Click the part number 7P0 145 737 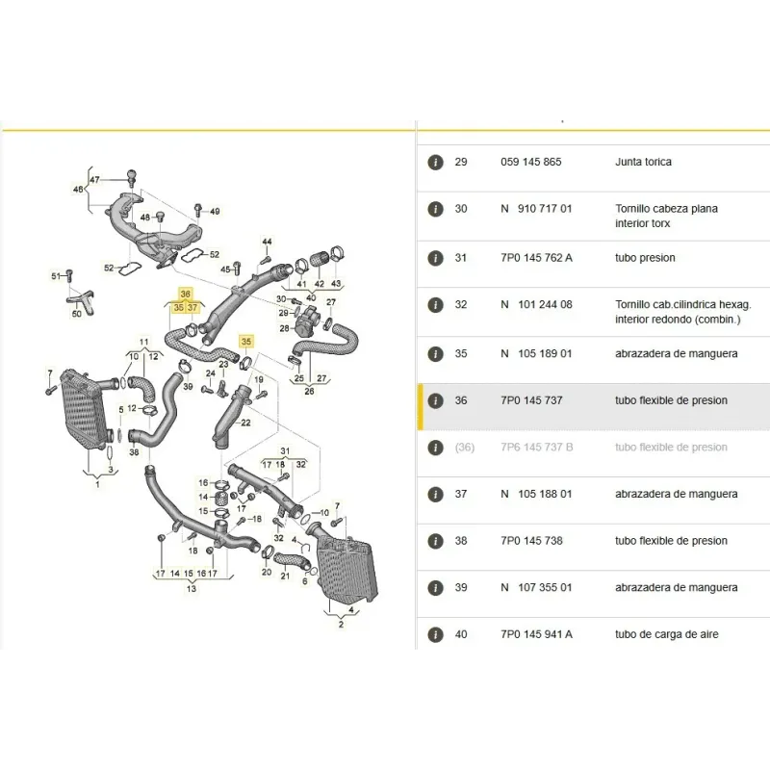tap(531, 400)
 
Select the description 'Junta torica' tap(643, 162)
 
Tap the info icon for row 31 tap(435, 258)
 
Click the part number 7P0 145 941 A tap(536, 634)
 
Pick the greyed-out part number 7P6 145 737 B tap(537, 447)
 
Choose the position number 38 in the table tap(461, 541)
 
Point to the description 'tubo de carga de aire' tap(666, 634)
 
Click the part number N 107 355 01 tap(536, 587)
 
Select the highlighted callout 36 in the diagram tap(185, 294)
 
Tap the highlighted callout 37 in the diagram tap(192, 308)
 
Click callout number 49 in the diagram tap(215, 212)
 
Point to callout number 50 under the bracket tap(77, 314)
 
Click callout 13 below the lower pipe tap(191, 588)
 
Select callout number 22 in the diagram tap(245, 423)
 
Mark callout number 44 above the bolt tap(267, 242)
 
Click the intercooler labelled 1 tap(83, 410)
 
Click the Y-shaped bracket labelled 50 tap(81, 300)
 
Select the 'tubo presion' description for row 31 tap(645, 258)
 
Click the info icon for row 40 tap(435, 634)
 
